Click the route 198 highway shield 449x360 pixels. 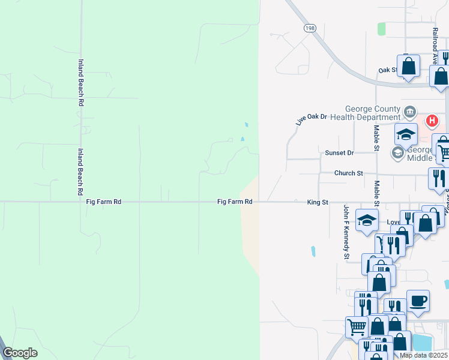310,28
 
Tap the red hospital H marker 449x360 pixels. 432,121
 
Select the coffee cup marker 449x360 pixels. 418,301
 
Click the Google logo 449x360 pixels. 20,353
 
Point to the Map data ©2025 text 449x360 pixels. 423,355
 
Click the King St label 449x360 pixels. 318,202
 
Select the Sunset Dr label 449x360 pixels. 339,153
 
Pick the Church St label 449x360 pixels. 349,173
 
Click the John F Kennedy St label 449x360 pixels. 346,240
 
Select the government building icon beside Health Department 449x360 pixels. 410,111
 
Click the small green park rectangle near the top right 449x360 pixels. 381,28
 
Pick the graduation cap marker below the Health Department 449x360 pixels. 406,134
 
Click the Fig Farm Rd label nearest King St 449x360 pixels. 234,202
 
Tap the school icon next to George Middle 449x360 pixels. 397,153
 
